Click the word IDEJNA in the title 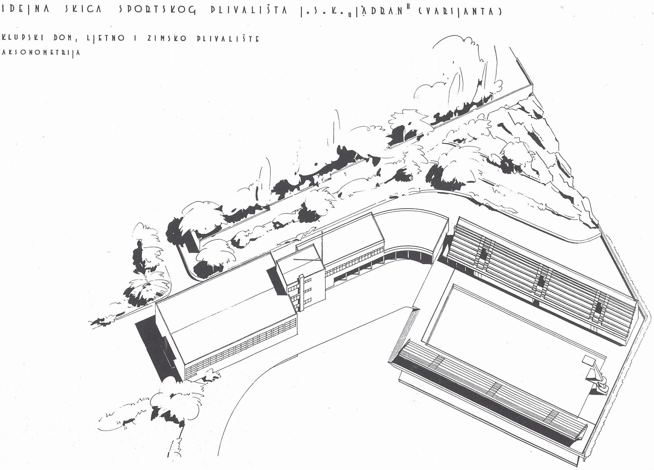click(x=25, y=10)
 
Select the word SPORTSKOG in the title click(x=157, y=10)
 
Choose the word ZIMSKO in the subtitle click(x=167, y=38)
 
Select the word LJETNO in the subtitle click(x=106, y=38)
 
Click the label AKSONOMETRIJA click(x=41, y=53)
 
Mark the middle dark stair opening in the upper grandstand click(x=541, y=281)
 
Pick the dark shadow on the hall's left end click(x=155, y=349)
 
